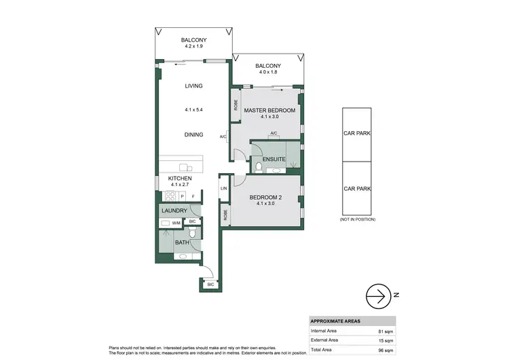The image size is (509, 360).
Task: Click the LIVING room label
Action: pyautogui.click(x=194, y=86)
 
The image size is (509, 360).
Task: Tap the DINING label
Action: pyautogui.click(x=194, y=134)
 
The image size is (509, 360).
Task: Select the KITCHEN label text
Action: pyautogui.click(x=181, y=179)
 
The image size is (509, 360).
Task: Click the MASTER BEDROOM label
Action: pyautogui.click(x=269, y=110)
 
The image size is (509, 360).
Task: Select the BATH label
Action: pyautogui.click(x=181, y=242)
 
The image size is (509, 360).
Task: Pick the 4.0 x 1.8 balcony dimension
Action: pyautogui.click(x=267, y=73)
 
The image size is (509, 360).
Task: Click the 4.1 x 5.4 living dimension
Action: pyautogui.click(x=194, y=109)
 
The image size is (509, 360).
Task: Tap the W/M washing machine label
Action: pyautogui.click(x=176, y=222)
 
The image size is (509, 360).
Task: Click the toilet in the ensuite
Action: pyautogui.click(x=260, y=167)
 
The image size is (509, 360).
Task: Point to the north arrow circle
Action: pyautogui.click(x=379, y=295)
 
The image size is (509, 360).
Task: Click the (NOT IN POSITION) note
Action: pyautogui.click(x=357, y=219)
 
